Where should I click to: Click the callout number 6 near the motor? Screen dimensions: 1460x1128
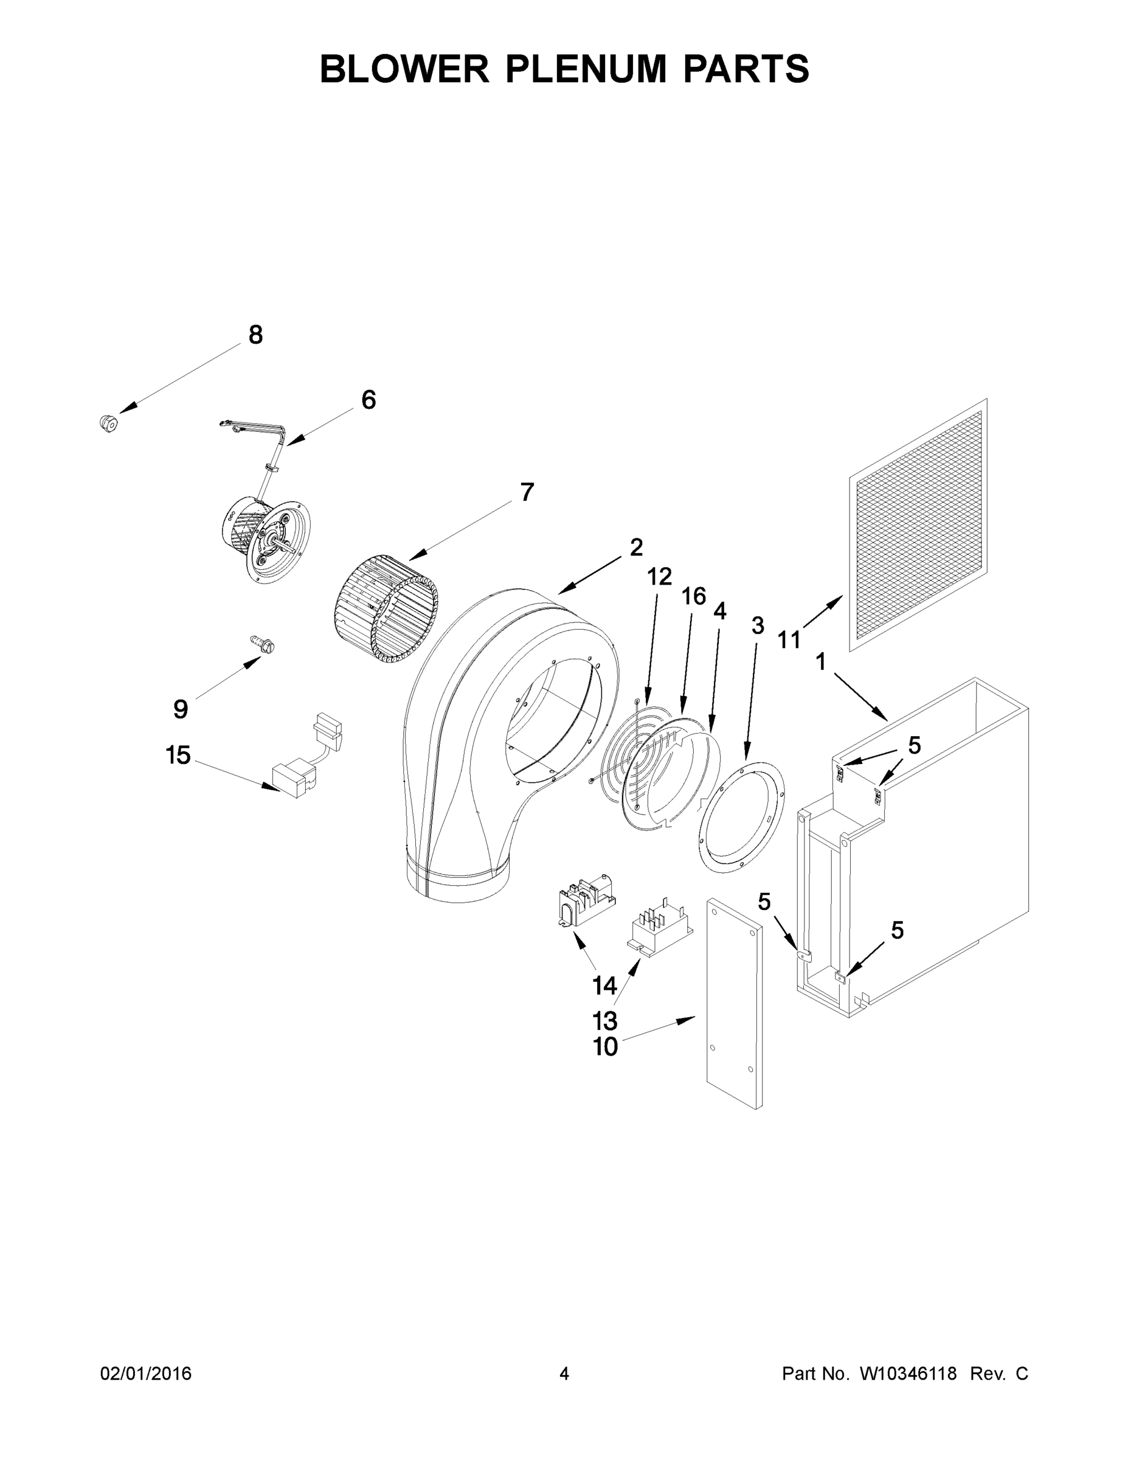pos(369,400)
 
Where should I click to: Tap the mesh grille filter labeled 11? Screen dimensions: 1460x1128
pos(918,525)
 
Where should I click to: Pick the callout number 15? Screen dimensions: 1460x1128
pos(178,756)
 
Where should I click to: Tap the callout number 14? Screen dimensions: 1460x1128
pos(604,985)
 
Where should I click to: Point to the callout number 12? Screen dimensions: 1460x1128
pos(659,575)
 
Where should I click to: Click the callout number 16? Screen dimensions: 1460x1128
pos(694,596)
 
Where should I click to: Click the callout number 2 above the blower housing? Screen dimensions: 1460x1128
pos(635,547)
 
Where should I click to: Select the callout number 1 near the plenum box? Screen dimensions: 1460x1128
pos(820,662)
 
